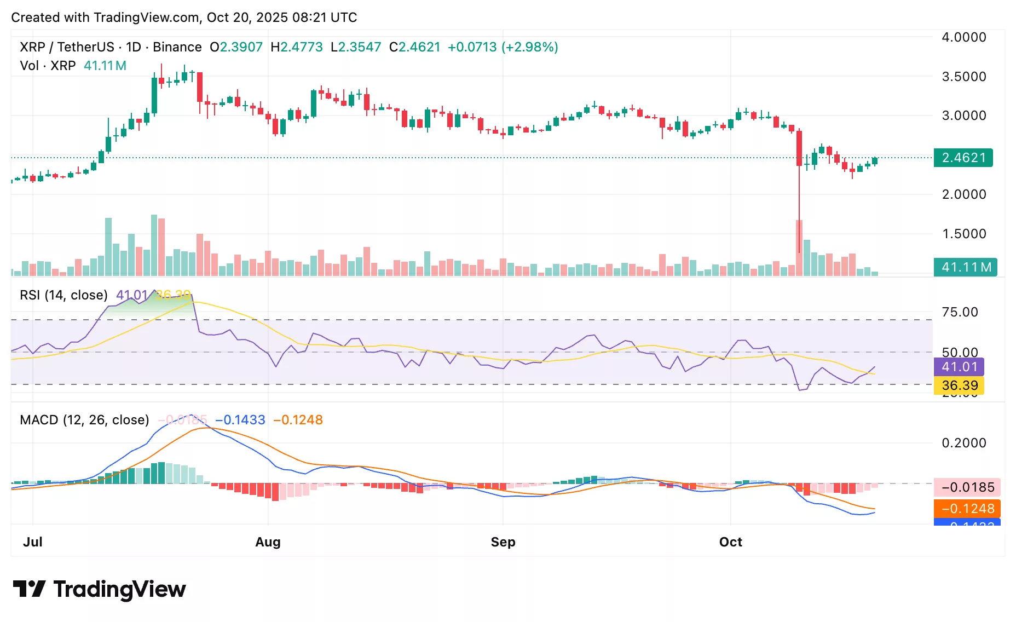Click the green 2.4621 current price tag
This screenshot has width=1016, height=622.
point(963,158)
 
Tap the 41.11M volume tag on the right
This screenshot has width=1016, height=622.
point(965,267)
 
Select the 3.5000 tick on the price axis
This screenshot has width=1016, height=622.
point(963,77)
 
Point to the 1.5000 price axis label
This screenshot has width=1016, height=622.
point(963,234)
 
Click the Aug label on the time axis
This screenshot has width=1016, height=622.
point(268,542)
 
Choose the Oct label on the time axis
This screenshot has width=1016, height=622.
point(730,542)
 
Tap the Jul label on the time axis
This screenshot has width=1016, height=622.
point(33,542)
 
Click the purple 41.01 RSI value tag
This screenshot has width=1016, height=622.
point(959,367)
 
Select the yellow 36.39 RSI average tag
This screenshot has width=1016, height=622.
point(959,385)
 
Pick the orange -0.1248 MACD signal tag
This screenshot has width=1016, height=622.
point(967,509)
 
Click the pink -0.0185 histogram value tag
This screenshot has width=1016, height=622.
point(967,487)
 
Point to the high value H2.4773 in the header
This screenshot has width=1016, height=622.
point(297,47)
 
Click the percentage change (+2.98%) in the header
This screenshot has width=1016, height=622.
point(530,47)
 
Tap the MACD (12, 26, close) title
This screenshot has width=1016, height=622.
point(84,420)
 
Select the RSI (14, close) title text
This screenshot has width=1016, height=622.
point(63,295)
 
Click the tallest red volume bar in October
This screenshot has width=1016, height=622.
point(799,247)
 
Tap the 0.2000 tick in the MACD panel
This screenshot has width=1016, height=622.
point(963,443)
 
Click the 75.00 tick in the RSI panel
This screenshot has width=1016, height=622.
point(959,312)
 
